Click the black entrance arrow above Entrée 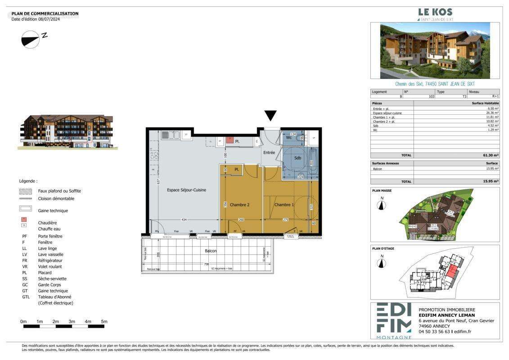pyautogui.click(x=270, y=116)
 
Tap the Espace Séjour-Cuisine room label pyautogui.click(x=186, y=190)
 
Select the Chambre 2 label pyautogui.click(x=239, y=205)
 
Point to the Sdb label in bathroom pyautogui.click(x=297, y=158)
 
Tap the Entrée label pyautogui.click(x=269, y=153)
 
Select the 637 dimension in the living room pyautogui.click(x=158, y=181)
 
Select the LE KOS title pyautogui.click(x=435, y=12)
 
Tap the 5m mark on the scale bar pyautogui.click(x=104, y=321)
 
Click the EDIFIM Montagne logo pyautogui.click(x=394, y=321)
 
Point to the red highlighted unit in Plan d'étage pyautogui.click(x=451, y=272)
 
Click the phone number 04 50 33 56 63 pyautogui.click(x=435, y=332)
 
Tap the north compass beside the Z pyautogui.click(x=31, y=39)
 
